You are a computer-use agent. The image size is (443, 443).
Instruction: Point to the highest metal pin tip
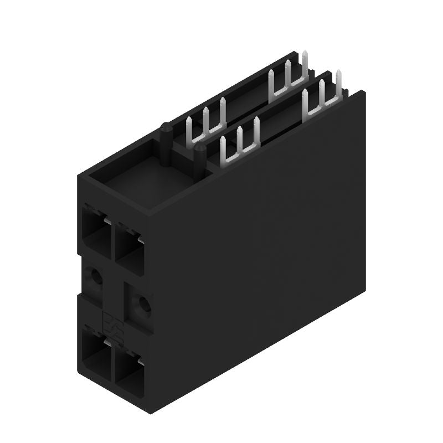tap(305, 53)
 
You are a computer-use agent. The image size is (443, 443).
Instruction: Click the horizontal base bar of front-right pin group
tap(321, 107)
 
